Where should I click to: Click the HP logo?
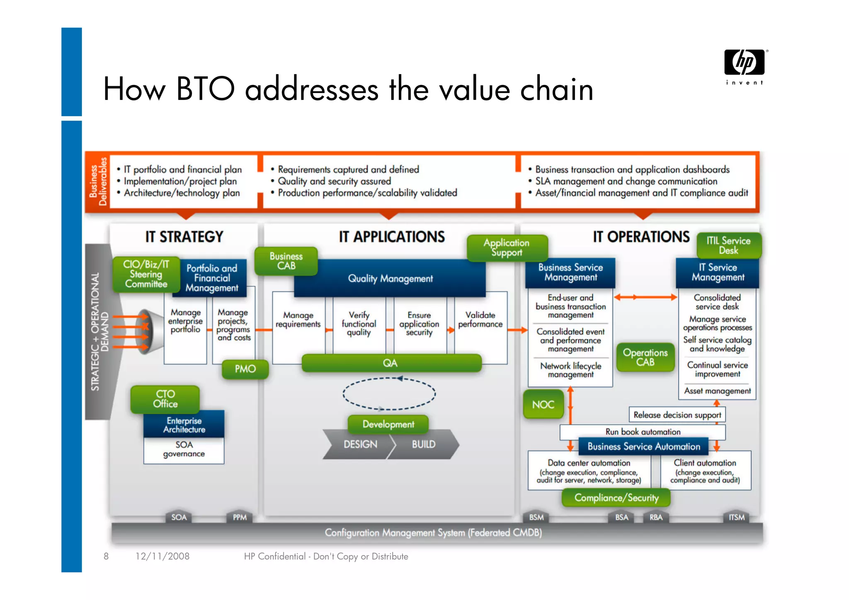[745, 63]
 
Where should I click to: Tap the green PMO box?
[245, 369]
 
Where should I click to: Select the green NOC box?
[543, 404]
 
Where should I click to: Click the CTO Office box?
[165, 399]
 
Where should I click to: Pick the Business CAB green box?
[286, 261]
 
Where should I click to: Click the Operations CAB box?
[645, 357]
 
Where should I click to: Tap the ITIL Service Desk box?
[728, 245]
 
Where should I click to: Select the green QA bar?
[391, 363]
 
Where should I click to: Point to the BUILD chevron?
[424, 444]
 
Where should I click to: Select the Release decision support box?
[677, 415]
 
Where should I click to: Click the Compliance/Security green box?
[616, 498]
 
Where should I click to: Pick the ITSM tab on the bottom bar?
[736, 517]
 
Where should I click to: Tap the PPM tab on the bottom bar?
[240, 517]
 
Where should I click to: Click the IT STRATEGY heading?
[184, 237]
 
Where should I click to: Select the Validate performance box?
[480, 320]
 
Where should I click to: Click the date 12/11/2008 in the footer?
[163, 556]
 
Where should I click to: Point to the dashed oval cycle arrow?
[389, 394]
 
